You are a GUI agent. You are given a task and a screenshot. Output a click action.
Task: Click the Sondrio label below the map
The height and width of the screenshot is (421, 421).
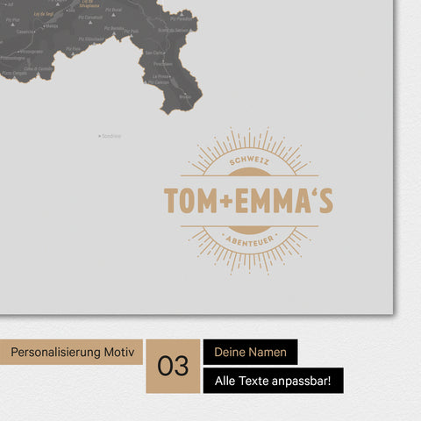pyautogui.click(x=111, y=136)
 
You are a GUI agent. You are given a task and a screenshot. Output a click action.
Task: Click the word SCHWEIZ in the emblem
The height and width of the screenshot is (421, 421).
pyautogui.click(x=242, y=165)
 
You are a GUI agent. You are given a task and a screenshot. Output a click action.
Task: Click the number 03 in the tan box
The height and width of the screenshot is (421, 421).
pyautogui.click(x=173, y=366)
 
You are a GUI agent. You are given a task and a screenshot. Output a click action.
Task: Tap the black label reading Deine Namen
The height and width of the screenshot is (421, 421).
pyautogui.click(x=250, y=352)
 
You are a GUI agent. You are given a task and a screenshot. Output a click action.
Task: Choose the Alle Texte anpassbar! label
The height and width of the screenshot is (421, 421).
pyautogui.click(x=273, y=381)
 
